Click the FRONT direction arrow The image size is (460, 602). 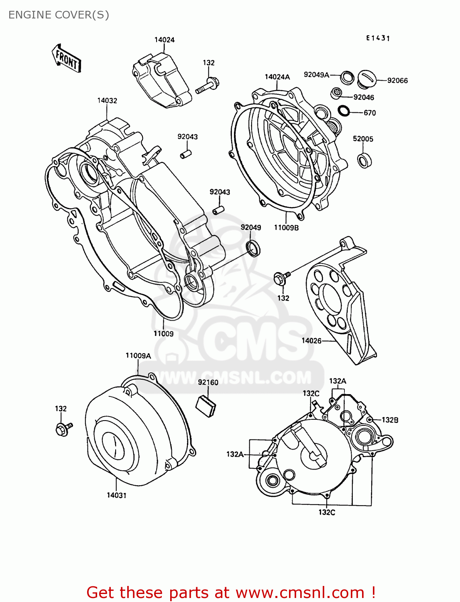[x=67, y=59]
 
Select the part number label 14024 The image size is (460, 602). [x=165, y=40]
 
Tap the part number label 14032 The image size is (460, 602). [x=107, y=100]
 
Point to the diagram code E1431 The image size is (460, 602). [x=378, y=38]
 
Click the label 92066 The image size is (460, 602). [x=397, y=81]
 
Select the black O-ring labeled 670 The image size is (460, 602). [x=344, y=110]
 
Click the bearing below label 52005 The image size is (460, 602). [x=364, y=161]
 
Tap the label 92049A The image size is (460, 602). [x=316, y=75]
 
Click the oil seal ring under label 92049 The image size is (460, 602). [x=253, y=248]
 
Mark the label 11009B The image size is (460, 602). [x=286, y=228]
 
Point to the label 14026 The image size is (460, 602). [x=311, y=341]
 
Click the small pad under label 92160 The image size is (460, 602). [x=206, y=405]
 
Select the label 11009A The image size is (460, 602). [x=138, y=356]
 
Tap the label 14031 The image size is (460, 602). [x=116, y=495]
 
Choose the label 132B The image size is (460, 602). [x=390, y=420]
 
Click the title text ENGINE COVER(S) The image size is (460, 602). [x=59, y=15]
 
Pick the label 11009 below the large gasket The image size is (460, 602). [x=163, y=334]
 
